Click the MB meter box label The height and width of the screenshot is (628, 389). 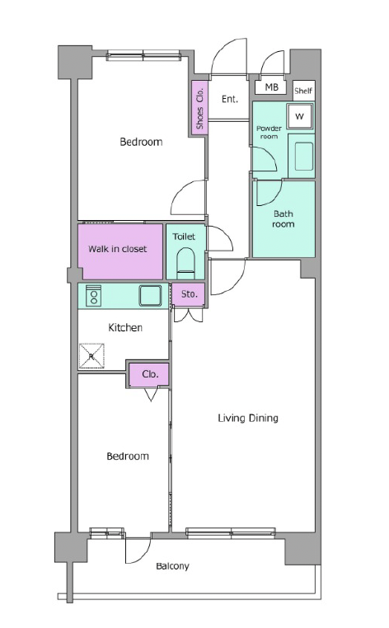tap(272, 87)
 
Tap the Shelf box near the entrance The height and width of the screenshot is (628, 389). tap(303, 91)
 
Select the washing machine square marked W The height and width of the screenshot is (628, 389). tap(300, 116)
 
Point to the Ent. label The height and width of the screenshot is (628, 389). tap(230, 99)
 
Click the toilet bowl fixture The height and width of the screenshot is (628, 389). tap(185, 263)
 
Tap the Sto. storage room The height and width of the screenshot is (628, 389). tap(188, 294)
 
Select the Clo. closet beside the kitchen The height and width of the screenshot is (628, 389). tap(148, 374)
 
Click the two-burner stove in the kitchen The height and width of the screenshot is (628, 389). tap(94, 296)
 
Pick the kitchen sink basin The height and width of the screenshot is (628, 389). tap(150, 296)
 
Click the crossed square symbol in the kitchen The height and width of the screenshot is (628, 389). tap(92, 356)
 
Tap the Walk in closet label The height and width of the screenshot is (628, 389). tap(117, 249)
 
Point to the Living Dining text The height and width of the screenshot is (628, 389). tap(248, 418)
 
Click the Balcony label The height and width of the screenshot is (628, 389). tap(172, 566)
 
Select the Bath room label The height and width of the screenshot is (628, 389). tap(283, 218)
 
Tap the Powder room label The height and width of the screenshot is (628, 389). tap(269, 132)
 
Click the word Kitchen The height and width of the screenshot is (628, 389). tap(125, 328)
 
